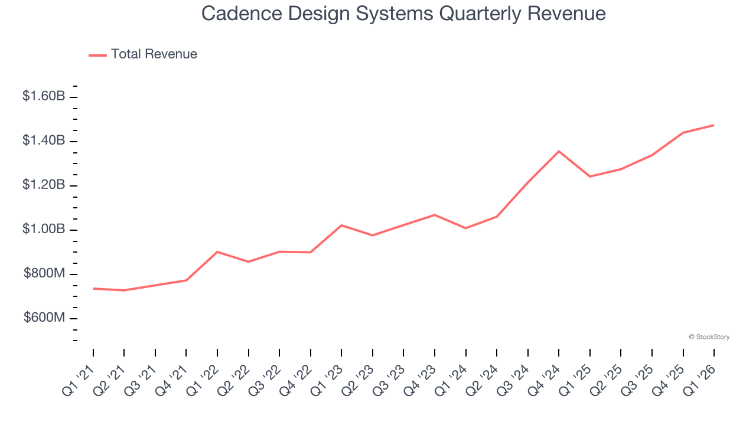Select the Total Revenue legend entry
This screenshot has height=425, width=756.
(x=144, y=54)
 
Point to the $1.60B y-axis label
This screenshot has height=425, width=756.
(x=44, y=96)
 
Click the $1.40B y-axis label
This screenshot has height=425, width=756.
(x=44, y=140)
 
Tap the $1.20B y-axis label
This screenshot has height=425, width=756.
(x=44, y=185)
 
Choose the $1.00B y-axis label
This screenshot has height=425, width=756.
(x=44, y=229)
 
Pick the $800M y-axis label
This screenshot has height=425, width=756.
(x=44, y=274)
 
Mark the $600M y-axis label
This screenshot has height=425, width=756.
(x=44, y=318)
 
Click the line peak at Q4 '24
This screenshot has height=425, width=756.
(x=559, y=151)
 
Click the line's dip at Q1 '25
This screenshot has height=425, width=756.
(x=589, y=176)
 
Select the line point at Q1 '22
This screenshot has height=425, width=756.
(x=217, y=252)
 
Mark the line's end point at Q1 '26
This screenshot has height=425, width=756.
(x=713, y=125)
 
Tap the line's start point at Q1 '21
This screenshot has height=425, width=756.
(x=93, y=289)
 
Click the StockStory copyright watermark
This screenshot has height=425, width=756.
(x=709, y=337)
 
